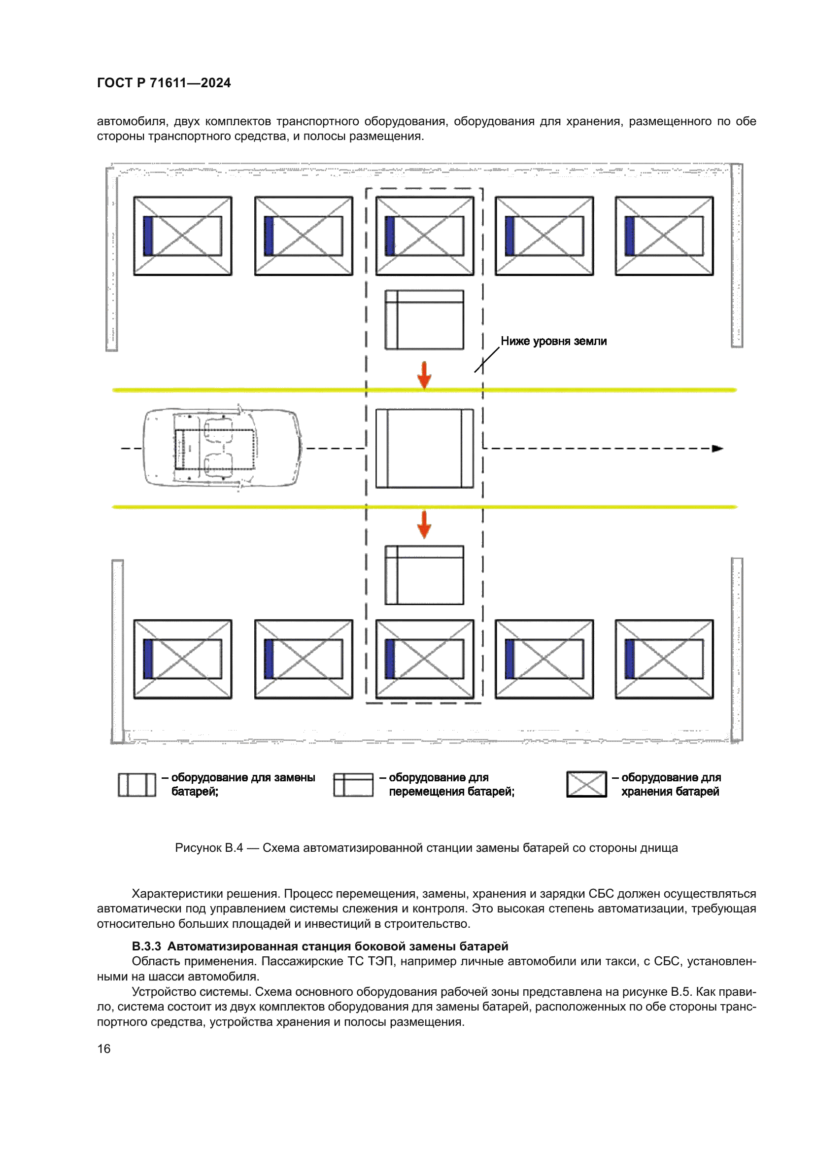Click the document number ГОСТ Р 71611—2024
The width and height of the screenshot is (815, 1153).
coord(164,83)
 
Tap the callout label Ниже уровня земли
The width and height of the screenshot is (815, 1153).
coord(553,341)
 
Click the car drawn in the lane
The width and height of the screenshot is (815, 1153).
coord(222,448)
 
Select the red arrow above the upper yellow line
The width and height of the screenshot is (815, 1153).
coord(425,375)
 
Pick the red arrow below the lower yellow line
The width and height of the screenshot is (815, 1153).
coord(425,524)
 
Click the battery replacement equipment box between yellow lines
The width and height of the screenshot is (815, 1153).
coord(425,448)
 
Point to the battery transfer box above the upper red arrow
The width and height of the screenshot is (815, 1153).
coord(425,319)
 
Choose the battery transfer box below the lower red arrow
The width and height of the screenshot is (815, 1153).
coord(425,575)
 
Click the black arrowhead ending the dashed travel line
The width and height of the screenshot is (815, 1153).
coord(717,449)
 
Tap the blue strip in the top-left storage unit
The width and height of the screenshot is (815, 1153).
coord(148,236)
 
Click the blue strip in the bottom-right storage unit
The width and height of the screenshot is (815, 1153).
coord(630,659)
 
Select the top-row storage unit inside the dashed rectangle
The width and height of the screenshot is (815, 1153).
coord(425,236)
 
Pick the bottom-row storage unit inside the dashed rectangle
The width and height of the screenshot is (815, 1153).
coord(425,659)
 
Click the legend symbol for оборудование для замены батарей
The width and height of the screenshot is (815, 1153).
coord(137,784)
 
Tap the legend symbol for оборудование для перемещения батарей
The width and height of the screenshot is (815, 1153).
coord(353,784)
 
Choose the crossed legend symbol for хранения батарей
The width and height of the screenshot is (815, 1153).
coord(587,784)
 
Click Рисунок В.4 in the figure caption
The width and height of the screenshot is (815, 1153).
coord(209,848)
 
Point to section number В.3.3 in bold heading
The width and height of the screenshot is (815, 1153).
coord(146,946)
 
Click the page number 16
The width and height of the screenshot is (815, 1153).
coord(104,1048)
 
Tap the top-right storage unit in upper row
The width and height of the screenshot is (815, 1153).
coord(664,236)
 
